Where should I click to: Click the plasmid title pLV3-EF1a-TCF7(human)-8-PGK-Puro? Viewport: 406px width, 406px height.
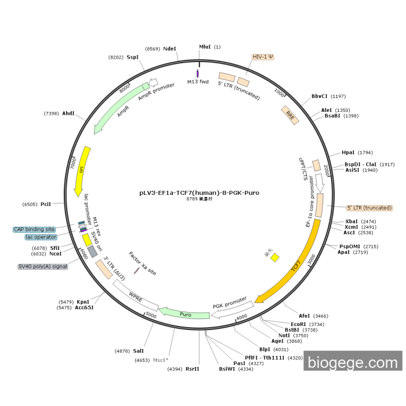click(x=199, y=192)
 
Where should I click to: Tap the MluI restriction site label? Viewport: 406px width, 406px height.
click(x=205, y=47)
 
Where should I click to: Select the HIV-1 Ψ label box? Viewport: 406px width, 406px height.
click(x=263, y=57)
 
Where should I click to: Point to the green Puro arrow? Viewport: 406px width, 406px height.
click(x=185, y=314)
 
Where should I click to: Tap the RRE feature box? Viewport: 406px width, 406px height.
click(x=289, y=114)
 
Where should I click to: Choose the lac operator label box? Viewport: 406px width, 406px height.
click(x=41, y=237)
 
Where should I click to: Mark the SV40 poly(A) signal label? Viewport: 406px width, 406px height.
click(x=43, y=266)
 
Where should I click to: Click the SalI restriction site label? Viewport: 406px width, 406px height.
click(x=138, y=351)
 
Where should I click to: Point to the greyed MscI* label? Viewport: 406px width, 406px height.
click(x=160, y=360)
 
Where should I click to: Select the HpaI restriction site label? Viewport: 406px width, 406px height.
click(x=348, y=153)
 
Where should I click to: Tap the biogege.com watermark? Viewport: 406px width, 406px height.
click(x=352, y=362)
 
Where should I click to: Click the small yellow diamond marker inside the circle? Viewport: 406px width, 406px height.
click(x=275, y=257)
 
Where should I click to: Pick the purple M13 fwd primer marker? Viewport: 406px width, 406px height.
click(x=198, y=74)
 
